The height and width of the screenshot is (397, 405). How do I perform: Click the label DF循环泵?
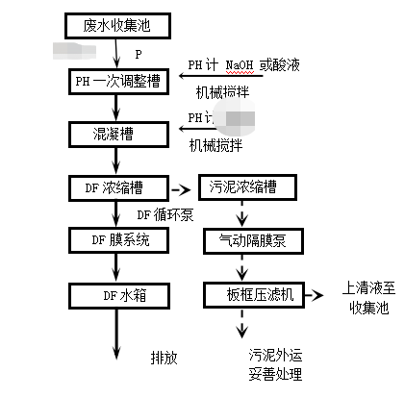pyautogui.click(x=166, y=214)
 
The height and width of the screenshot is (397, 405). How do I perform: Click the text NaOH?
pyautogui.click(x=240, y=65)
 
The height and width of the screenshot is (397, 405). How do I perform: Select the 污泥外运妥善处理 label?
pyautogui.click(x=276, y=363)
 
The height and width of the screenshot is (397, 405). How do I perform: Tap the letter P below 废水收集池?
pyautogui.click(x=139, y=53)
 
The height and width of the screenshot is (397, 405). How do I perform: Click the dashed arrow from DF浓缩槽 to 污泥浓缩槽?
pyautogui.click(x=181, y=186)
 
